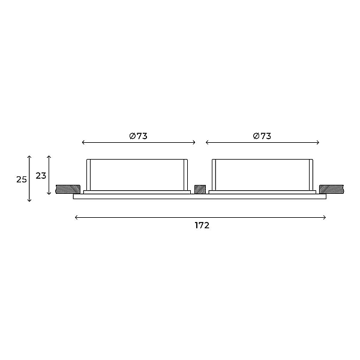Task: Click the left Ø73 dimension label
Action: pyautogui.click(x=138, y=136)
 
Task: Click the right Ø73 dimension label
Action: pyautogui.click(x=262, y=136)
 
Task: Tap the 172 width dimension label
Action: pyautogui.click(x=202, y=226)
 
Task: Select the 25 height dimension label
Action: pyautogui.click(x=22, y=179)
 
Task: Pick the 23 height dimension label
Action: pyautogui.click(x=41, y=176)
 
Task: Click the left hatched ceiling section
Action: pyautogui.click(x=68, y=189)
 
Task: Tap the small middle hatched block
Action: pyautogui.click(x=200, y=189)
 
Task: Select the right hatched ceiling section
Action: pyautogui.click(x=331, y=189)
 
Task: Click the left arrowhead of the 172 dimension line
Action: pyautogui.click(x=76, y=217)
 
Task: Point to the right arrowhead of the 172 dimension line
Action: pyautogui.click(x=325, y=217)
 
